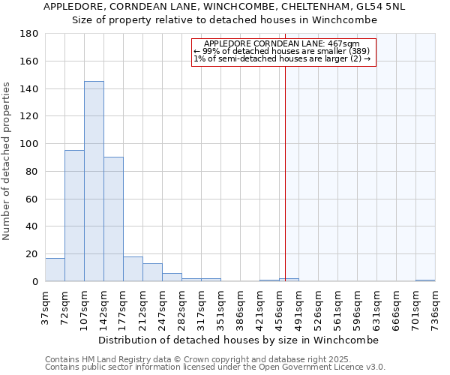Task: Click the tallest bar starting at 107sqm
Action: pyautogui.click(x=94, y=181)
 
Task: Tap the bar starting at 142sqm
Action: pyautogui.click(x=113, y=219)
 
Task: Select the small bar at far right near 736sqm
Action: pyautogui.click(x=425, y=280)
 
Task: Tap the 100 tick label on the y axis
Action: pyautogui.click(x=30, y=144)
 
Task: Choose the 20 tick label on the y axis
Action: pyautogui.click(x=32, y=254)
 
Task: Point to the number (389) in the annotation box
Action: pyautogui.click(x=357, y=51)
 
